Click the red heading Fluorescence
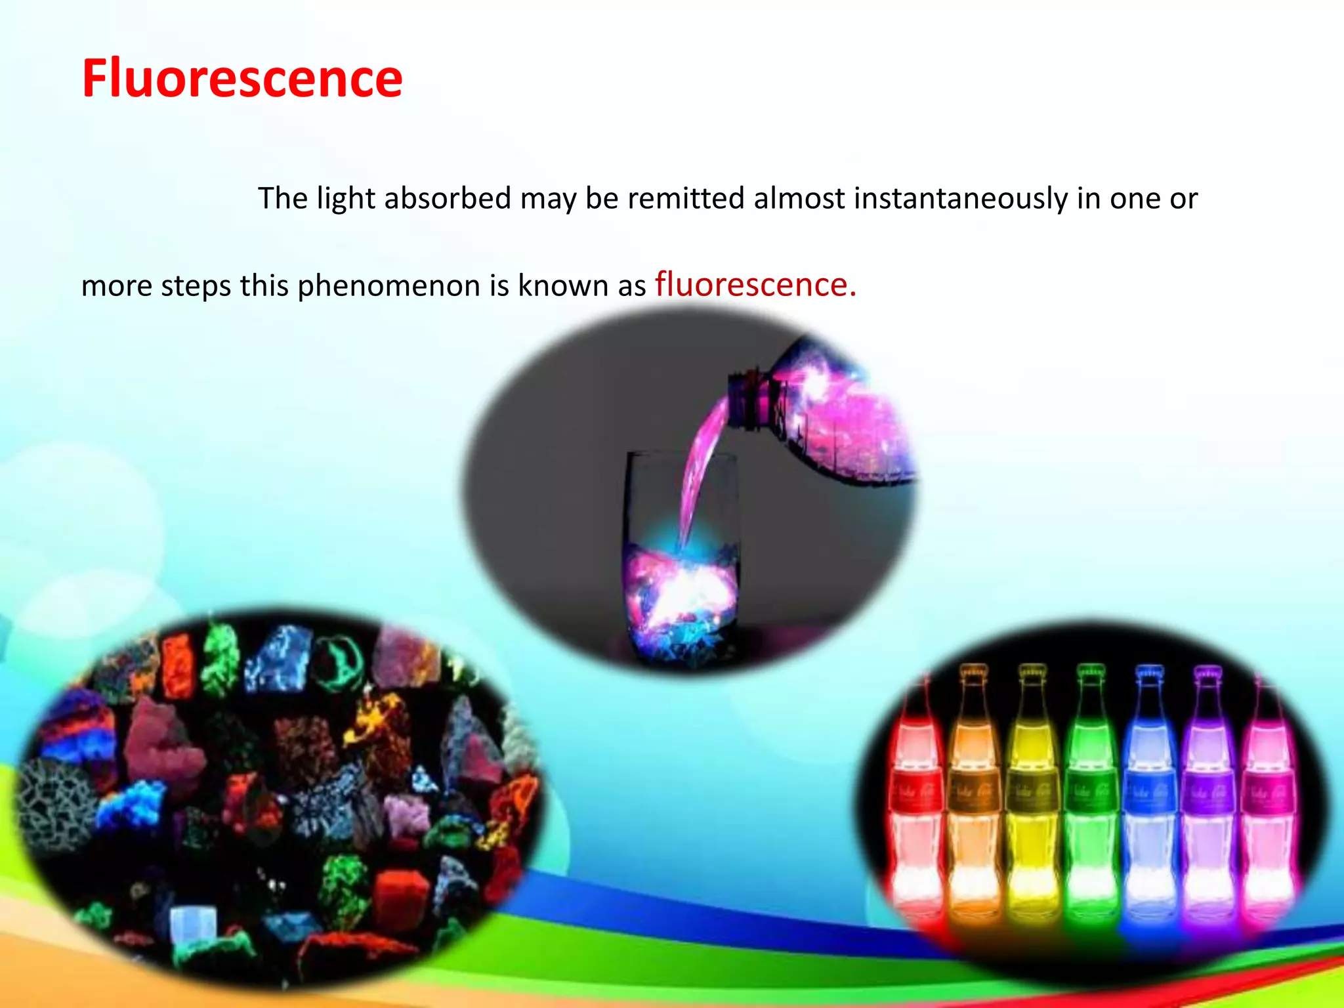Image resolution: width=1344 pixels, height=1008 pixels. (x=242, y=79)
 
